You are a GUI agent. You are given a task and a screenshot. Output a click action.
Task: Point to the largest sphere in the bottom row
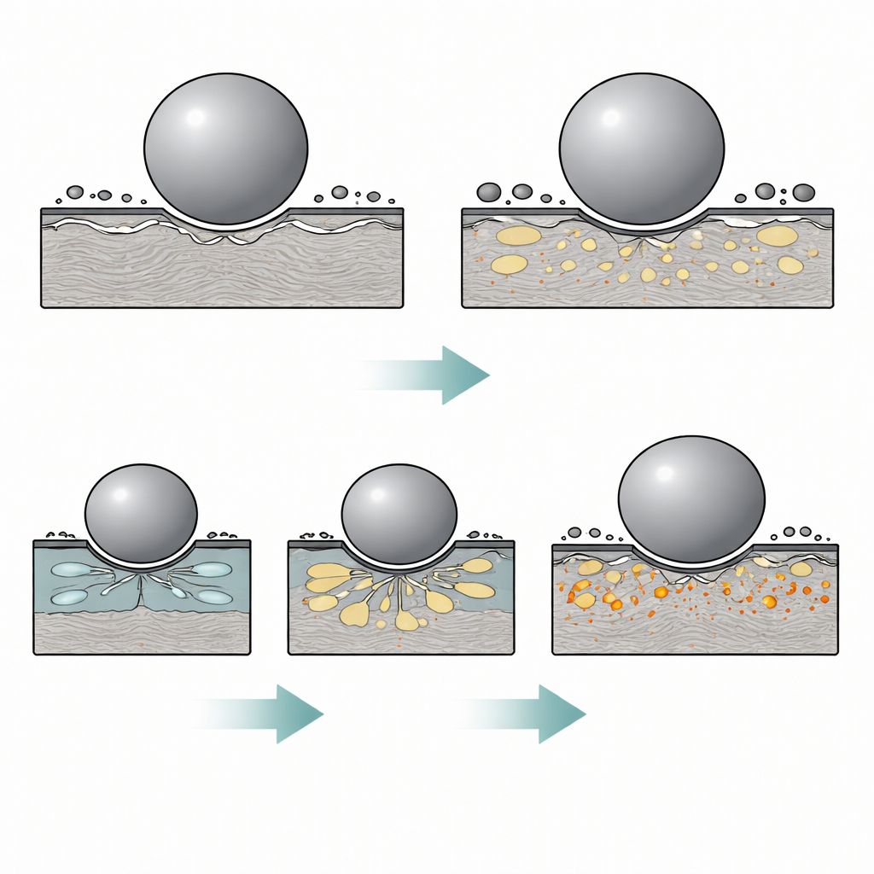click(691, 499)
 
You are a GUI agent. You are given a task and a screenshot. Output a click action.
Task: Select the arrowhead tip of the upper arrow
click(487, 374)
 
